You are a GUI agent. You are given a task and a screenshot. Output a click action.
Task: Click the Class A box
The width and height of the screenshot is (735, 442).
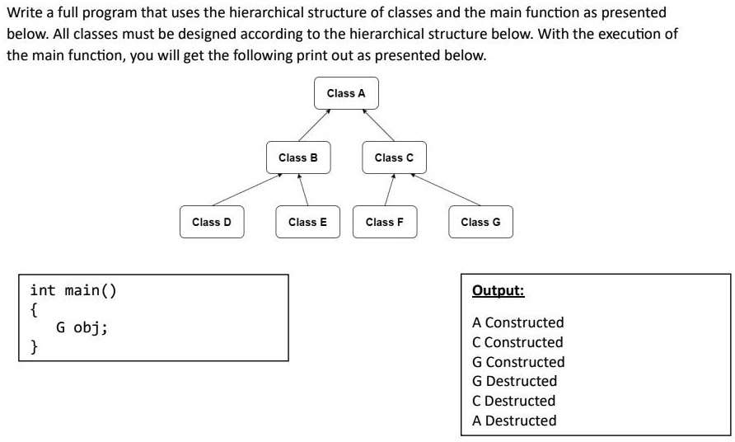pos(346,93)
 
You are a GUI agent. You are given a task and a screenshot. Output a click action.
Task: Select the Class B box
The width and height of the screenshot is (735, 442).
pos(298,157)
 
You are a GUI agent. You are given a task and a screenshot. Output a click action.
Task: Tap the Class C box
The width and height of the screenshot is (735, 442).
pos(394,157)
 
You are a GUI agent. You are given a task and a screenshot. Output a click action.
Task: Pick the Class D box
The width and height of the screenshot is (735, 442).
pos(212,222)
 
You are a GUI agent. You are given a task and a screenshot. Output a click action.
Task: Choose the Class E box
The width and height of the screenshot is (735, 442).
pos(307,222)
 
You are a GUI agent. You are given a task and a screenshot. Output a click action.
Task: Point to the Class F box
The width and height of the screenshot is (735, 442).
pos(385,222)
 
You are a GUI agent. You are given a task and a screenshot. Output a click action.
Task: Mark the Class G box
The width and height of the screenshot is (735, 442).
pos(480,222)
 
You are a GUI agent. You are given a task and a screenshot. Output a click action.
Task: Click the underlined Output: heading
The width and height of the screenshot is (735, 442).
pos(498,291)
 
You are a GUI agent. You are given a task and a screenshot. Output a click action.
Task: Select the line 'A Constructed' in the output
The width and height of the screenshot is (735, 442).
pos(517,322)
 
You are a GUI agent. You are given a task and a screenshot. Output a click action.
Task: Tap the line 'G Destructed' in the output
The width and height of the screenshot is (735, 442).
pos(514,381)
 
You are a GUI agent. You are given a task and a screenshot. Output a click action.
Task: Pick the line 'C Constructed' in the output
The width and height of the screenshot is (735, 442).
pos(517,342)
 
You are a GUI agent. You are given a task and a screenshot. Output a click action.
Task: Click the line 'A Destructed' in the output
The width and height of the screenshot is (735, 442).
pos(514,421)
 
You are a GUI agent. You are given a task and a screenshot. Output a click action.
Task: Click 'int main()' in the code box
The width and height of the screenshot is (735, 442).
pos(73,290)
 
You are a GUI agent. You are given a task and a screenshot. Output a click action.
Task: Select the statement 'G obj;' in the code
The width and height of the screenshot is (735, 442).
pos(82,327)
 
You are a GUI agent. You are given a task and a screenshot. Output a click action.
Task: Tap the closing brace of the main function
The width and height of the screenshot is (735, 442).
pos(34,346)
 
